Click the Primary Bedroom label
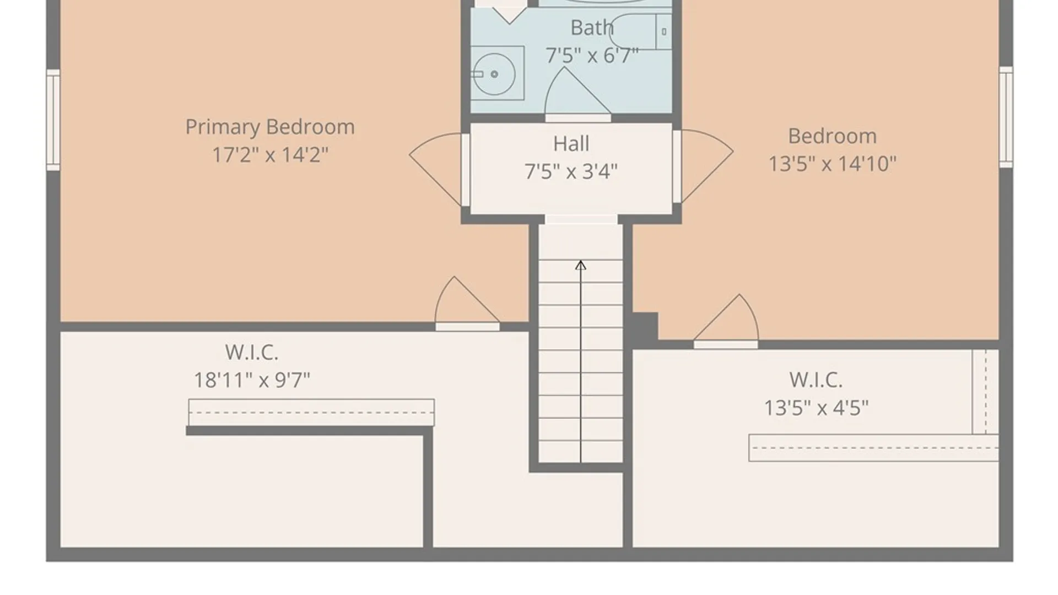[270, 127]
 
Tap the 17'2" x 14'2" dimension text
[270, 155]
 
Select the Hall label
[571, 144]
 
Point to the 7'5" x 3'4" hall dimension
[571, 171]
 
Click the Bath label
[592, 28]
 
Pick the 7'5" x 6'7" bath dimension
[592, 55]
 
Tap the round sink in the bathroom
[494, 74]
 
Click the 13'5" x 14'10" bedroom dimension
[832, 164]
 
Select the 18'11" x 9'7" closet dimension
[252, 380]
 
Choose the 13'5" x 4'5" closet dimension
[816, 408]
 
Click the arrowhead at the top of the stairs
[580, 266]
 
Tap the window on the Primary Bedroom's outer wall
[53, 120]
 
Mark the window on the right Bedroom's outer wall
[1006, 117]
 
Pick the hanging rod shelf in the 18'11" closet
[311, 413]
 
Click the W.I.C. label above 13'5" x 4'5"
[816, 380]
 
